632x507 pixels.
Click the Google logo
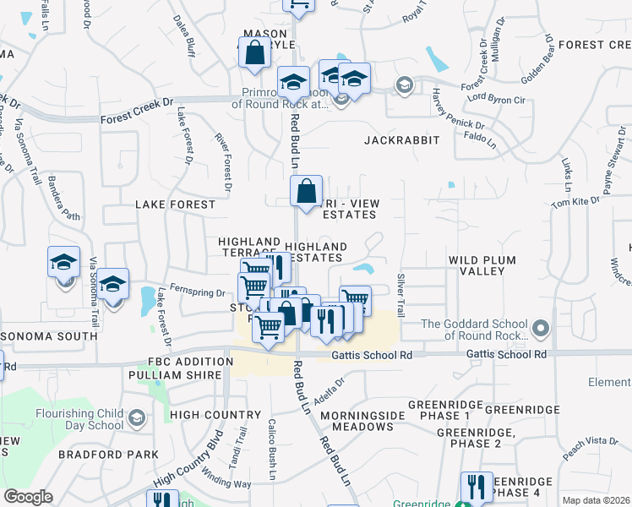coord(28,496)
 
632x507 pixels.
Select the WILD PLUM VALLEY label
coord(477,265)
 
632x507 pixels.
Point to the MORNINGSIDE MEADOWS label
coord(362,421)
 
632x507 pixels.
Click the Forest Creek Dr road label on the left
coord(137,112)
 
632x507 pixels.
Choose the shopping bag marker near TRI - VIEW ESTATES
coord(306,190)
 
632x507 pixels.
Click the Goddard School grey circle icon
coord(542,325)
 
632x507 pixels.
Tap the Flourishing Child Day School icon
coord(135,417)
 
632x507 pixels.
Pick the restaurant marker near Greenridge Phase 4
coord(476,487)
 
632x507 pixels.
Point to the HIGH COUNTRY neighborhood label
coord(215,415)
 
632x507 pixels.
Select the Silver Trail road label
coord(400,294)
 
